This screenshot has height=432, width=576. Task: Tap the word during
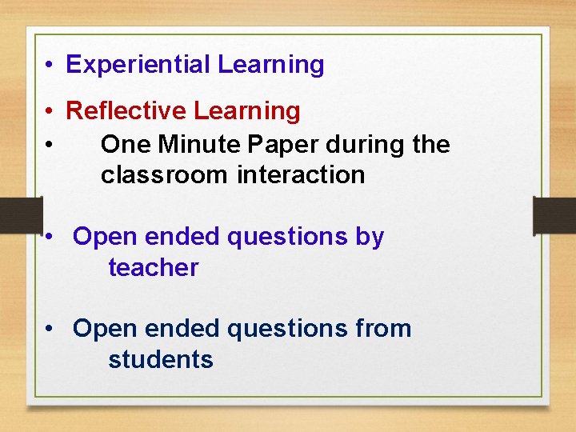pos(361,145)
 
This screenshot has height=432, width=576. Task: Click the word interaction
pos(301,175)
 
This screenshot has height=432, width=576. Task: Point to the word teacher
pos(153,268)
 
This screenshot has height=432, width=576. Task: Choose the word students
pos(161,360)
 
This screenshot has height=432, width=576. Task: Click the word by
pos(370,238)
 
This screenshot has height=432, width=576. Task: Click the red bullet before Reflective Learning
pos(50,112)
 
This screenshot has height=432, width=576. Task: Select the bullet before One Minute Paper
pos(50,146)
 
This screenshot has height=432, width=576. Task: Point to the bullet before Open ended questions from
pos(50,330)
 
